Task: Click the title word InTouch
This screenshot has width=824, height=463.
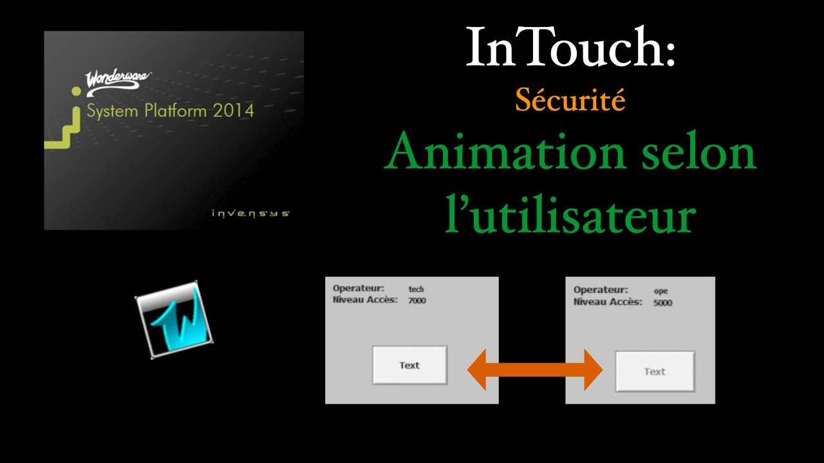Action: pyautogui.click(x=570, y=48)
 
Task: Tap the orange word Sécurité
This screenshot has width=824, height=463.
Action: pyautogui.click(x=570, y=100)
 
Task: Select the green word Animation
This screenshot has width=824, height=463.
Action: pyautogui.click(x=489, y=153)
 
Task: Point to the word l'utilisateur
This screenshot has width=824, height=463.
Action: pyautogui.click(x=570, y=216)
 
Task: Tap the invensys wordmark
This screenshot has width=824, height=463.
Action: pyautogui.click(x=250, y=213)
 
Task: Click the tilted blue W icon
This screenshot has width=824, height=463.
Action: pyautogui.click(x=174, y=320)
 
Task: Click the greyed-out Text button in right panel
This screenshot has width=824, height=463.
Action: pyautogui.click(x=655, y=371)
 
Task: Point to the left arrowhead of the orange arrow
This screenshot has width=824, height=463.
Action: pyautogui.click(x=478, y=369)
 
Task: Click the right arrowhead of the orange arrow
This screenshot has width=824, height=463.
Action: pyautogui.click(x=592, y=369)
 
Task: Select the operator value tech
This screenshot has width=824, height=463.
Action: pyautogui.click(x=416, y=289)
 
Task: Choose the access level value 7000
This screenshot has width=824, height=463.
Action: pyautogui.click(x=417, y=300)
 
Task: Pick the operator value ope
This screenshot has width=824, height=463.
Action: pyautogui.click(x=660, y=291)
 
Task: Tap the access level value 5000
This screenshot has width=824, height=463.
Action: pyautogui.click(x=662, y=302)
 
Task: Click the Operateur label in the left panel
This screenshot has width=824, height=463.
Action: pyautogui.click(x=359, y=289)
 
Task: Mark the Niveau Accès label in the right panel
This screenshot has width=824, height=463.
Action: pyautogui.click(x=608, y=301)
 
